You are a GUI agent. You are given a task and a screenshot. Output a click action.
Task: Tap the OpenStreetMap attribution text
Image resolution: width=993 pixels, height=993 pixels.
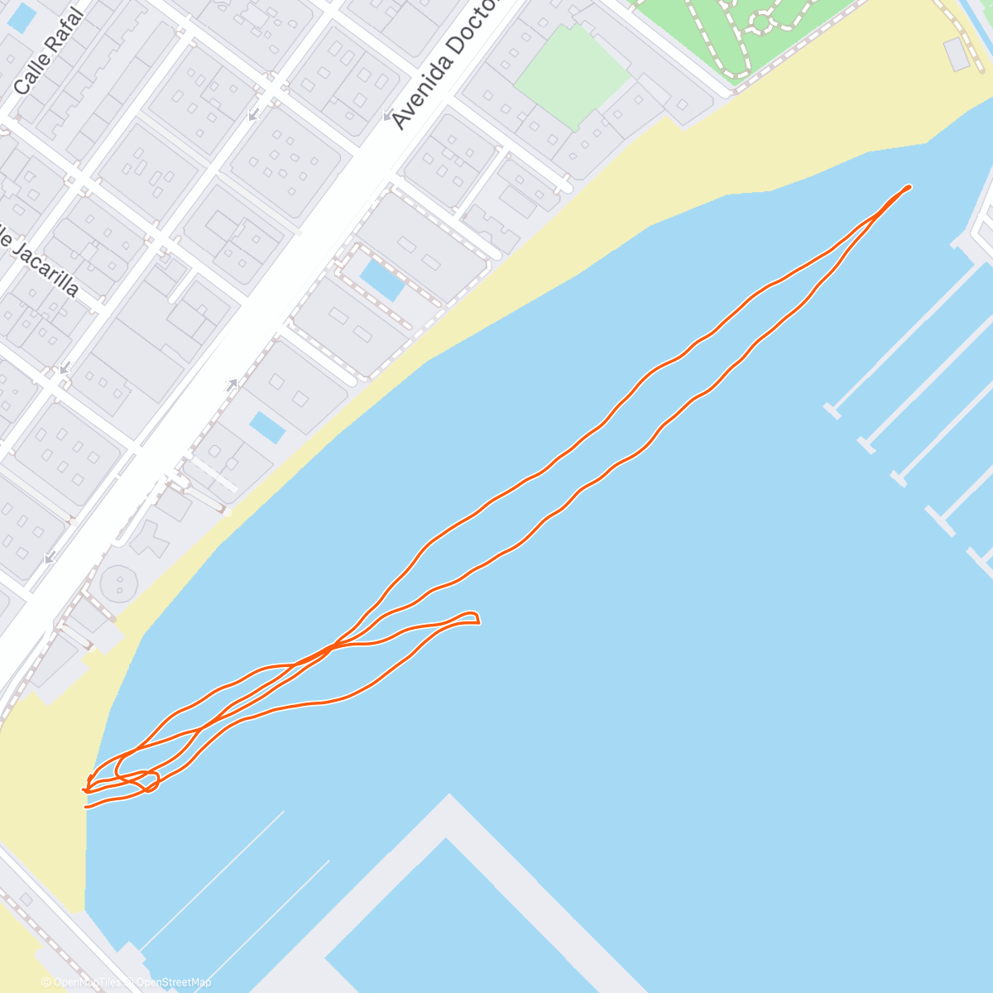click(174, 982)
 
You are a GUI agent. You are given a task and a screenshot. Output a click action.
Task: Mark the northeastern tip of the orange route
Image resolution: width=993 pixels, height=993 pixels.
click(909, 187)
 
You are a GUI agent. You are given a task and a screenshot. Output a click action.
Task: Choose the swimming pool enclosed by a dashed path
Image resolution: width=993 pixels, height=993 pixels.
click(382, 281)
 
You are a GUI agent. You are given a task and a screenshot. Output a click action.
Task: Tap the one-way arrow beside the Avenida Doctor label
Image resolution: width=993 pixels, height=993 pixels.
click(387, 117)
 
